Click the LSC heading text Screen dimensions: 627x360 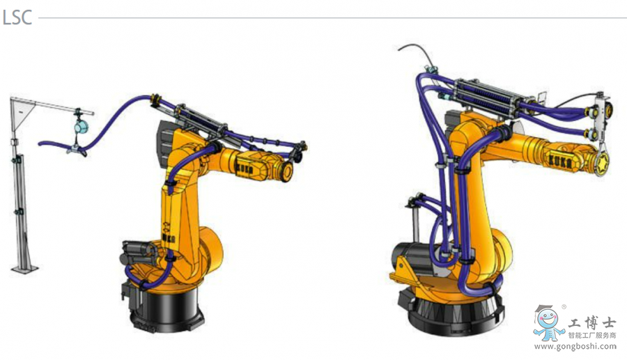17,17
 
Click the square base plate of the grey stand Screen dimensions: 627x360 24,269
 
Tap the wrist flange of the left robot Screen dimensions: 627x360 286,171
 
